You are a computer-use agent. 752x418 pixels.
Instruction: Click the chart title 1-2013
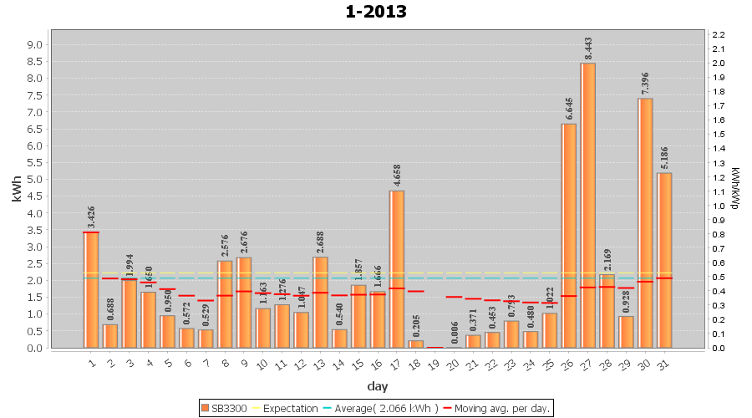(376, 12)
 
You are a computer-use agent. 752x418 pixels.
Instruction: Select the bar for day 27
(588, 205)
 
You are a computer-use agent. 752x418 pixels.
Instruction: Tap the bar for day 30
(645, 222)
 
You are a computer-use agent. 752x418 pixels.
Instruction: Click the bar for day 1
(91, 289)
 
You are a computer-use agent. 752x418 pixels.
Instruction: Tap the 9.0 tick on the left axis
(36, 44)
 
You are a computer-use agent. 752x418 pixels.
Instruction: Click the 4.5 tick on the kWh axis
(36, 196)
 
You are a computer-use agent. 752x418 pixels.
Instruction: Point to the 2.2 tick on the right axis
(718, 34)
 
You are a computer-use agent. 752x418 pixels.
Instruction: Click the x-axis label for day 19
(434, 361)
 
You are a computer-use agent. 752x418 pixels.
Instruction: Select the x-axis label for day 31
(664, 361)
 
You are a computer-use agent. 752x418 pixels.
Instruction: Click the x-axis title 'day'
(377, 386)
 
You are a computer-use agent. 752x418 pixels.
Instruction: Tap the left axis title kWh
(16, 191)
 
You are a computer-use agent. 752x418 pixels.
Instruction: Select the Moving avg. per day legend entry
(500, 409)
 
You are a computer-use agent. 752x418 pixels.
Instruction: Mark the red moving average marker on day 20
(454, 297)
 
